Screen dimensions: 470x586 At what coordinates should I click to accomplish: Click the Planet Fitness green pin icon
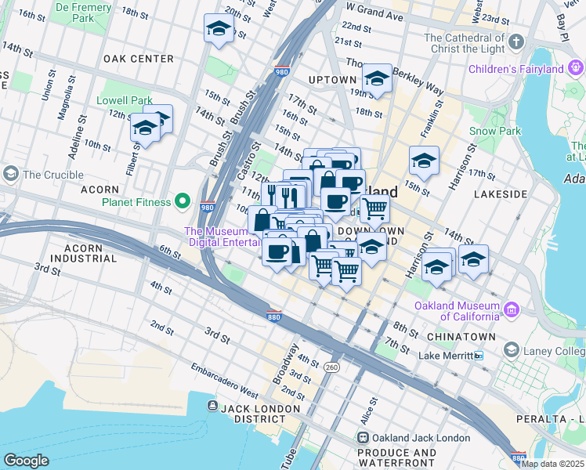[x=183, y=202]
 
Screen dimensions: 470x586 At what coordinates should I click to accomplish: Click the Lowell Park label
[x=124, y=100]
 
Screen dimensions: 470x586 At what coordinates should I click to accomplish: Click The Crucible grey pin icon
[x=11, y=172]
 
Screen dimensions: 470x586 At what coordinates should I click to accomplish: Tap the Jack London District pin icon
[x=212, y=405]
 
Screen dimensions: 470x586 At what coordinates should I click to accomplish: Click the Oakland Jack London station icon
[x=363, y=438]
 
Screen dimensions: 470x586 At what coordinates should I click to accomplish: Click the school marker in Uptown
[x=377, y=78]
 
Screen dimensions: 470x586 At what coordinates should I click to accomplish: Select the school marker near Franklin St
[x=424, y=161]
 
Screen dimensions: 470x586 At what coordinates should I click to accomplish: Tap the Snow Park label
[x=494, y=131]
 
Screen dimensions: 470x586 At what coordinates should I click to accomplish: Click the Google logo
[x=26, y=461]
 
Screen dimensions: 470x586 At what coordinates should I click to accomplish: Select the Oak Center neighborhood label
[x=138, y=59]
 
